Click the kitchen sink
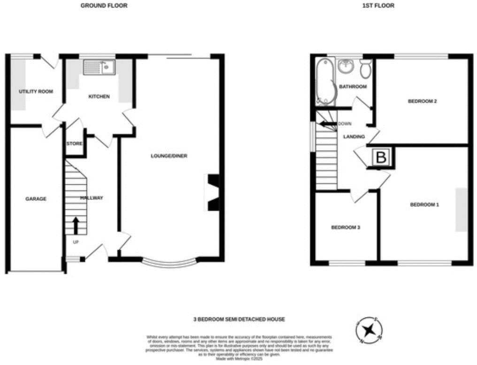coord(99,68)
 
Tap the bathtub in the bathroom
coord(323,81)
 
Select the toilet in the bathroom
coord(366,69)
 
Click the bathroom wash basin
coord(346,66)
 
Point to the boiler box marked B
coord(381,158)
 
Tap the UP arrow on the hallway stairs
coord(75,225)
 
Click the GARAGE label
coord(36,199)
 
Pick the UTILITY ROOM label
coord(36,91)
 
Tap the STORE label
coord(74,144)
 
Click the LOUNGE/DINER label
coord(169,156)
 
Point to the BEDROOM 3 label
coord(346,227)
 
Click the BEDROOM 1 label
coord(424,205)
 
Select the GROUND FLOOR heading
coord(104,6)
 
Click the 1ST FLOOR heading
coord(378,6)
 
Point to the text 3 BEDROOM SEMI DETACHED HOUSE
coord(239,319)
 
